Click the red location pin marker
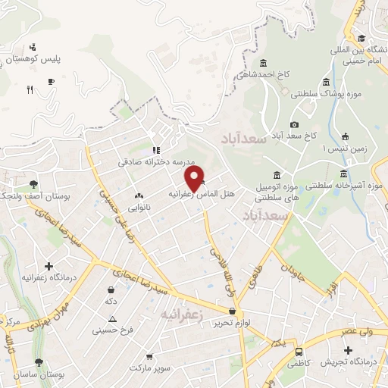195,177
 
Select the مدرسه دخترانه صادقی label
157,162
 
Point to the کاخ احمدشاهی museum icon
262,63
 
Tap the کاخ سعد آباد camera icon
294,125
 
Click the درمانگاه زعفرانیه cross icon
49,266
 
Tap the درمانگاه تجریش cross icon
348,350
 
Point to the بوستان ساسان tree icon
39,363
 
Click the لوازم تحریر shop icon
232,311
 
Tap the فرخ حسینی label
113,330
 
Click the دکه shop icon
112,289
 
